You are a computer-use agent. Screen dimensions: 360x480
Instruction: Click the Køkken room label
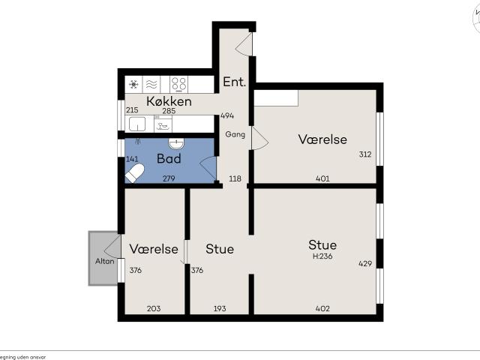pyautogui.click(x=169, y=100)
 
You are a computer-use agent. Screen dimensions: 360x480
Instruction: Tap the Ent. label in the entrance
pyautogui.click(x=234, y=82)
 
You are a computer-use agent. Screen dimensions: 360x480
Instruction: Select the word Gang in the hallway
pyautogui.click(x=235, y=134)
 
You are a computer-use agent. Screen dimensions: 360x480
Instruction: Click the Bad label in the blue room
pyautogui.click(x=169, y=159)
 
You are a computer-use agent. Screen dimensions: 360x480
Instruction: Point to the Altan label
pyautogui.click(x=104, y=261)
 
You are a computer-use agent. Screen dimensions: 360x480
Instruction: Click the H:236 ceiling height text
pyautogui.click(x=323, y=256)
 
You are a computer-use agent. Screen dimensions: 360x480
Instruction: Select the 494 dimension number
pyautogui.click(x=227, y=116)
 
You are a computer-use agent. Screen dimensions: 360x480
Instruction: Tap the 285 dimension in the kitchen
pyautogui.click(x=169, y=112)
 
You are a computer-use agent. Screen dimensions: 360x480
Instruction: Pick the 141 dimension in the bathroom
pyautogui.click(x=132, y=159)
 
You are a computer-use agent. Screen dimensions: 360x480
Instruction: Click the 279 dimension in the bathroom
pyautogui.click(x=169, y=178)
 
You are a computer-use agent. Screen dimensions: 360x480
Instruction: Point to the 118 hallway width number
pyautogui.click(x=235, y=178)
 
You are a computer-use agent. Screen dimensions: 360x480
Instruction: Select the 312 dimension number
pyautogui.click(x=365, y=154)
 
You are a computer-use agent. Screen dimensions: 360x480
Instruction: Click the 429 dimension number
pyautogui.click(x=365, y=263)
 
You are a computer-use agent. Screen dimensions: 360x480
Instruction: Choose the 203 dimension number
pyautogui.click(x=154, y=309)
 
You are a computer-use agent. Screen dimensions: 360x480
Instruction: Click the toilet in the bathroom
pyautogui.click(x=135, y=174)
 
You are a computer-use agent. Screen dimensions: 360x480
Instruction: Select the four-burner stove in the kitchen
pyautogui.click(x=178, y=83)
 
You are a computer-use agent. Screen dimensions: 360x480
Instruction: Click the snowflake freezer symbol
pyautogui.click(x=134, y=84)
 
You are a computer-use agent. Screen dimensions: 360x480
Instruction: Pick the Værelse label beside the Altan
pyautogui.click(x=154, y=248)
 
